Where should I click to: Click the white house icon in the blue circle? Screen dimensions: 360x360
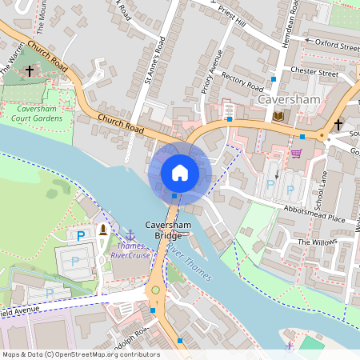180,172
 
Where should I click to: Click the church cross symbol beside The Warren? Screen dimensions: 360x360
30,71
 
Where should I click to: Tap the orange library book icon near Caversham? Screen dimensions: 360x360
278,116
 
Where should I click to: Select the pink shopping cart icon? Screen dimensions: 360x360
297,154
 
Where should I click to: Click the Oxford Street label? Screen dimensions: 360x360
336,45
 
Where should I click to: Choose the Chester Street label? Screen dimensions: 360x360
317,73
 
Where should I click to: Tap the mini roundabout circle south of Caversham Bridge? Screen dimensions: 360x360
155,290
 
